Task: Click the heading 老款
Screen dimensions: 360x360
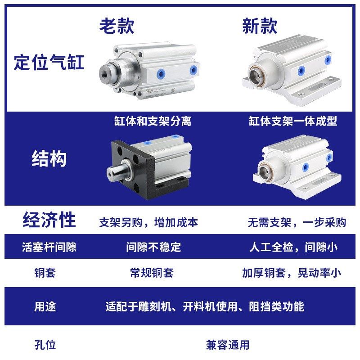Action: [117, 26]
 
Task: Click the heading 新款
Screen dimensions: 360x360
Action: [260, 26]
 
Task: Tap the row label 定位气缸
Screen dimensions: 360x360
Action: [49, 62]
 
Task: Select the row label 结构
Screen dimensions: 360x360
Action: [49, 159]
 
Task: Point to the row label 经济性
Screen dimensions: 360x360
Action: [49, 220]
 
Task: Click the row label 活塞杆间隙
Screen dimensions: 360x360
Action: [49, 247]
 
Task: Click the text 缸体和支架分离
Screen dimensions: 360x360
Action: [152, 121]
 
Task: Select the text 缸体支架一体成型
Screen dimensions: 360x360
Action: [293, 121]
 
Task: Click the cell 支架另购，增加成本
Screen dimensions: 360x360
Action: [148, 222]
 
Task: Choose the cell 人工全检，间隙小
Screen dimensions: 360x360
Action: [293, 247]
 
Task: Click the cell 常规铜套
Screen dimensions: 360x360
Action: [152, 273]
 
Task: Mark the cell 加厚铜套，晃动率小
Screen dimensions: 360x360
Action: [291, 273]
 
